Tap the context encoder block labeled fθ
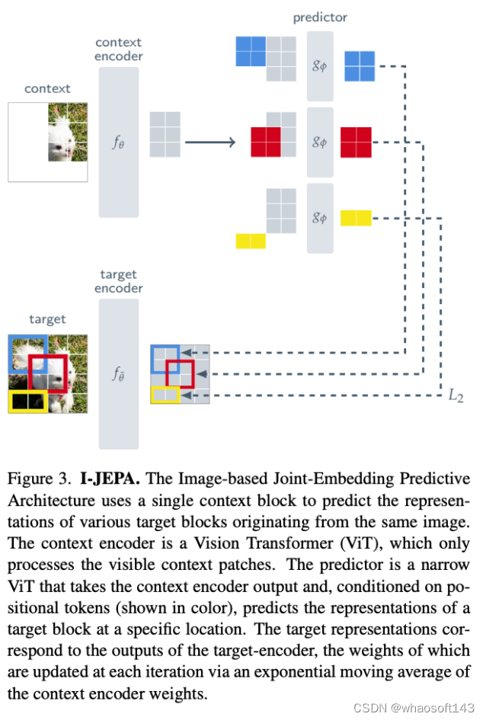pos(118,142)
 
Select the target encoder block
pos(118,373)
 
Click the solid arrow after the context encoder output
pos(207,142)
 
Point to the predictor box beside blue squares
pos(320,66)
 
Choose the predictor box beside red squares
pos(320,142)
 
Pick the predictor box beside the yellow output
pos(320,218)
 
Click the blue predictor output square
pos(360,66)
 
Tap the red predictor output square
pos(356,142)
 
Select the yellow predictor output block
pos(356,218)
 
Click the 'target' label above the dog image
pos(47,319)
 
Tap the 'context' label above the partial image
pos(47,88)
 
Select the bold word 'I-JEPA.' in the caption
pos(111,479)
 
